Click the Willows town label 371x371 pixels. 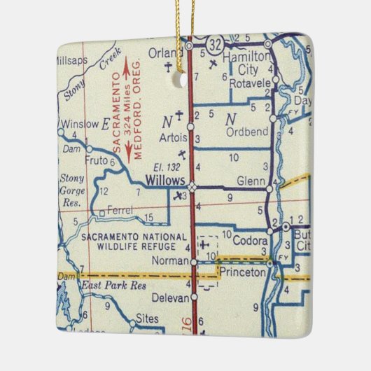click(164, 181)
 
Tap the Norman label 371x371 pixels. click(171, 262)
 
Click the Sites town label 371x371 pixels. click(146, 317)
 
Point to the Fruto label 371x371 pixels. click(94, 160)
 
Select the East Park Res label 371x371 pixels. click(106, 286)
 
